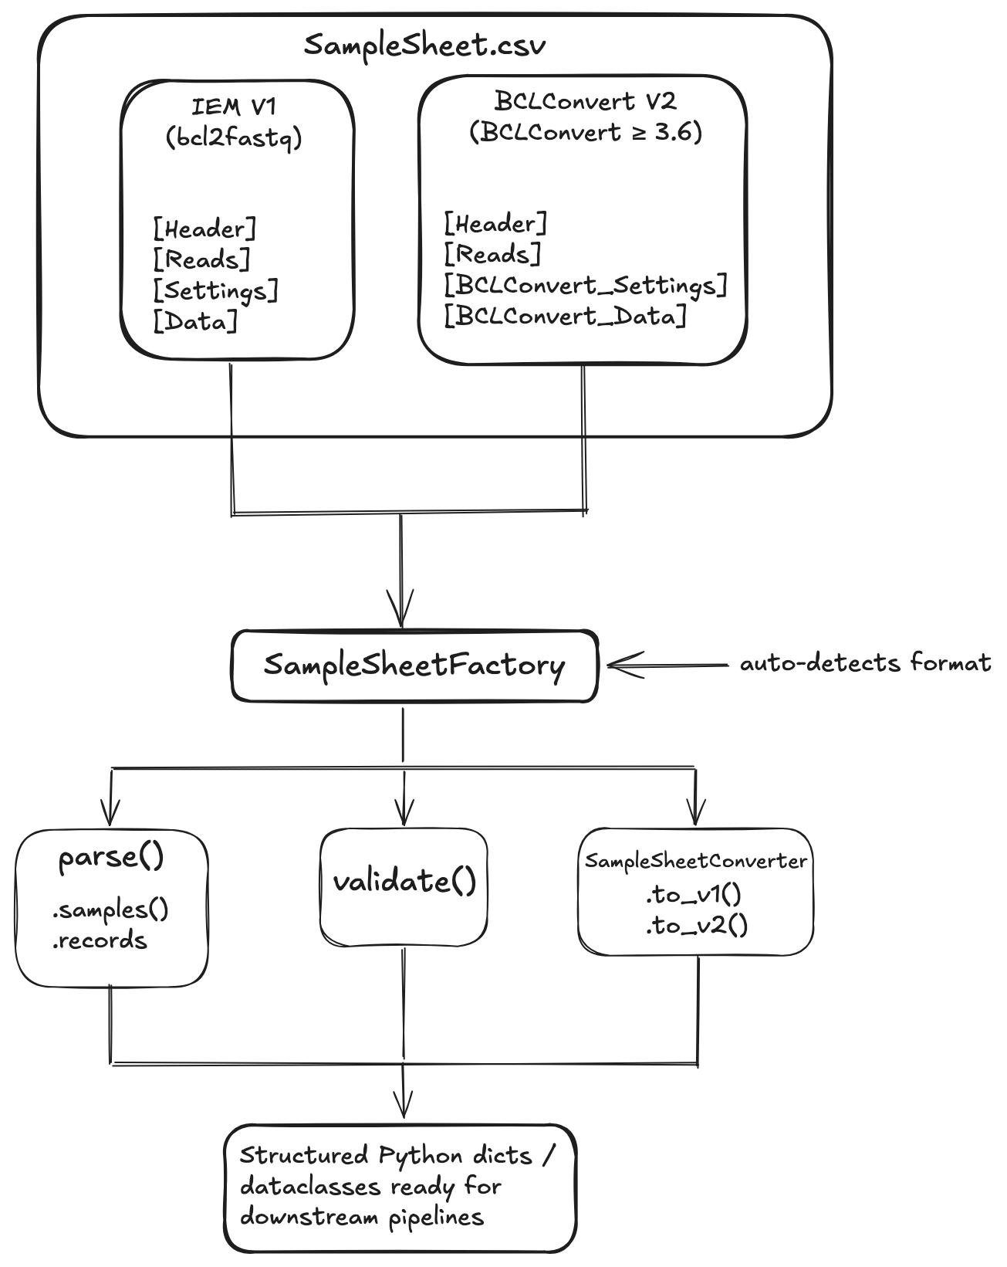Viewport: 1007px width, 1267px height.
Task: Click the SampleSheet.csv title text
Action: coord(424,45)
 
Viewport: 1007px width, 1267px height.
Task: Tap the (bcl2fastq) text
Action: coord(233,138)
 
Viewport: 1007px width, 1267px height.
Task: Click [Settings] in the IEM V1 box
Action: coord(215,291)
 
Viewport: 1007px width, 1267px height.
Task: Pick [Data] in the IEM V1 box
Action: coord(195,322)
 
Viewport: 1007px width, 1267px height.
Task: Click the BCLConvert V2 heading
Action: coord(585,100)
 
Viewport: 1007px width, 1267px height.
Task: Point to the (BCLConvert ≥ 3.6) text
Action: coord(586,132)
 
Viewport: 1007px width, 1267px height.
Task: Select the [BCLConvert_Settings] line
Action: coord(586,286)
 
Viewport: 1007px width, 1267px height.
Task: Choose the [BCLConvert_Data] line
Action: coord(565,317)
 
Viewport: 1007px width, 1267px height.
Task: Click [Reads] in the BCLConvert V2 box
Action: coord(492,255)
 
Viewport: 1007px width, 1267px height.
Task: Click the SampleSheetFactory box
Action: coord(414,666)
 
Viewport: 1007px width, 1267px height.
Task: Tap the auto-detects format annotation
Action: coord(865,663)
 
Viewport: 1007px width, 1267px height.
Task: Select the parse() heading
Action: coord(111,858)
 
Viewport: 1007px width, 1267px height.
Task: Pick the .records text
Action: coord(100,940)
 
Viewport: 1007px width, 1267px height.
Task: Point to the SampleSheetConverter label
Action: coord(695,861)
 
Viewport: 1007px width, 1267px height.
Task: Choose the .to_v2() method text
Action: coord(696,925)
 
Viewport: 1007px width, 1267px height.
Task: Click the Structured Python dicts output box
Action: coord(400,1187)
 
